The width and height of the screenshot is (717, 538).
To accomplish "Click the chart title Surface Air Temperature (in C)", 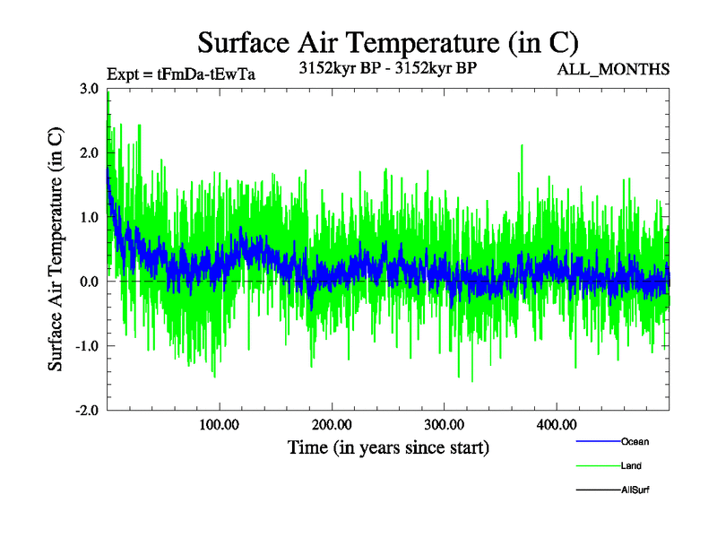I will [387, 42].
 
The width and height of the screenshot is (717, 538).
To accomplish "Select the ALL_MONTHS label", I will [613, 70].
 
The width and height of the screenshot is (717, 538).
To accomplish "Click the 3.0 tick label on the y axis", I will [89, 89].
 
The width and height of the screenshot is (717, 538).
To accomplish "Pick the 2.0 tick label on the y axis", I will [89, 153].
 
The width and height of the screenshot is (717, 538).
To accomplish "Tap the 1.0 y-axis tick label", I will [89, 218].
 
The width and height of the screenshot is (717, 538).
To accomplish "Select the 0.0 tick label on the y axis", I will [89, 282].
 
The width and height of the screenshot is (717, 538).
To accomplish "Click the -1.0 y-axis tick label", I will [87, 346].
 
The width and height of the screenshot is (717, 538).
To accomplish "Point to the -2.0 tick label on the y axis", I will [87, 411].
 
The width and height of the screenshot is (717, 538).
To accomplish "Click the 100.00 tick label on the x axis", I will [219, 425].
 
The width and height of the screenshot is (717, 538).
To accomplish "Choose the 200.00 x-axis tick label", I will [332, 425].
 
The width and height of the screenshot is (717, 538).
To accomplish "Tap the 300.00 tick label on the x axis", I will [444, 425].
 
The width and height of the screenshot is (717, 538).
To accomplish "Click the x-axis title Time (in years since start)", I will [388, 447].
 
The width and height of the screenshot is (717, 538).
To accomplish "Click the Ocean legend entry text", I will [635, 442].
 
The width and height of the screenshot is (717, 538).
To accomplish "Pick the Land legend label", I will [631, 466].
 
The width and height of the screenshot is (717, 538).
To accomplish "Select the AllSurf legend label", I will [636, 490].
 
